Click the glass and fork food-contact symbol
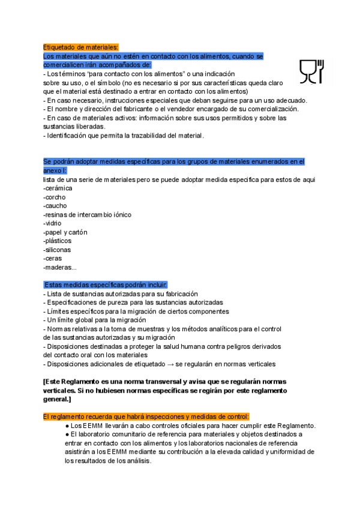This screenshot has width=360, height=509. [312, 71]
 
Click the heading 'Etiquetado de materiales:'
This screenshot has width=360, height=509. [81, 47]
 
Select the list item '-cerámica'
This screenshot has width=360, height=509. [58, 188]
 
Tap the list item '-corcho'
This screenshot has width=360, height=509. [55, 197]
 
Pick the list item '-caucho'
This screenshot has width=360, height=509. [55, 206]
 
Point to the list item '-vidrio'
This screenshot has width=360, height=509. [53, 223]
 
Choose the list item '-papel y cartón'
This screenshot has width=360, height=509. [65, 232]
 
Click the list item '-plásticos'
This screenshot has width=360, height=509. [57, 241]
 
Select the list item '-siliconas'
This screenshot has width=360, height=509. [57, 250]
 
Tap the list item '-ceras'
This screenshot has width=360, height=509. [53, 258]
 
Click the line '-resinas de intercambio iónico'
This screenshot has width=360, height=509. [87, 214]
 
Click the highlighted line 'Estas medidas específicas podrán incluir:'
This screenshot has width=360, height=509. [106, 285]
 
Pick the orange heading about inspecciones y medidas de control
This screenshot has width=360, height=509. [146, 417]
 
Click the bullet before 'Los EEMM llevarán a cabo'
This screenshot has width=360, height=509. [67, 426]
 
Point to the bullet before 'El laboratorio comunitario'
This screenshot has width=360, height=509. [67, 434]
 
